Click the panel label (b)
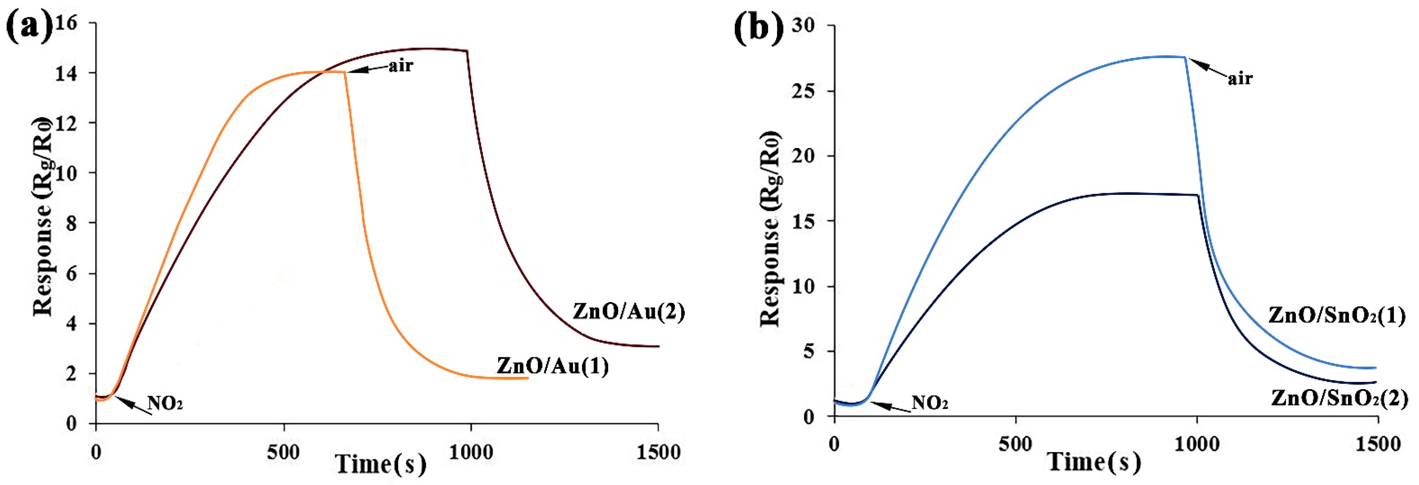tap(758, 28)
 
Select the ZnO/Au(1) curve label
tap(553, 366)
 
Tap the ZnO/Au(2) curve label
tap(629, 312)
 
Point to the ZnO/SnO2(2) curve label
tap(1339, 398)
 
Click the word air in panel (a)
tap(400, 66)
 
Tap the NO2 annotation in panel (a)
tap(165, 404)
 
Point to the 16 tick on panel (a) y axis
tap(66, 23)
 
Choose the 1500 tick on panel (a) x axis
tap(658, 452)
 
